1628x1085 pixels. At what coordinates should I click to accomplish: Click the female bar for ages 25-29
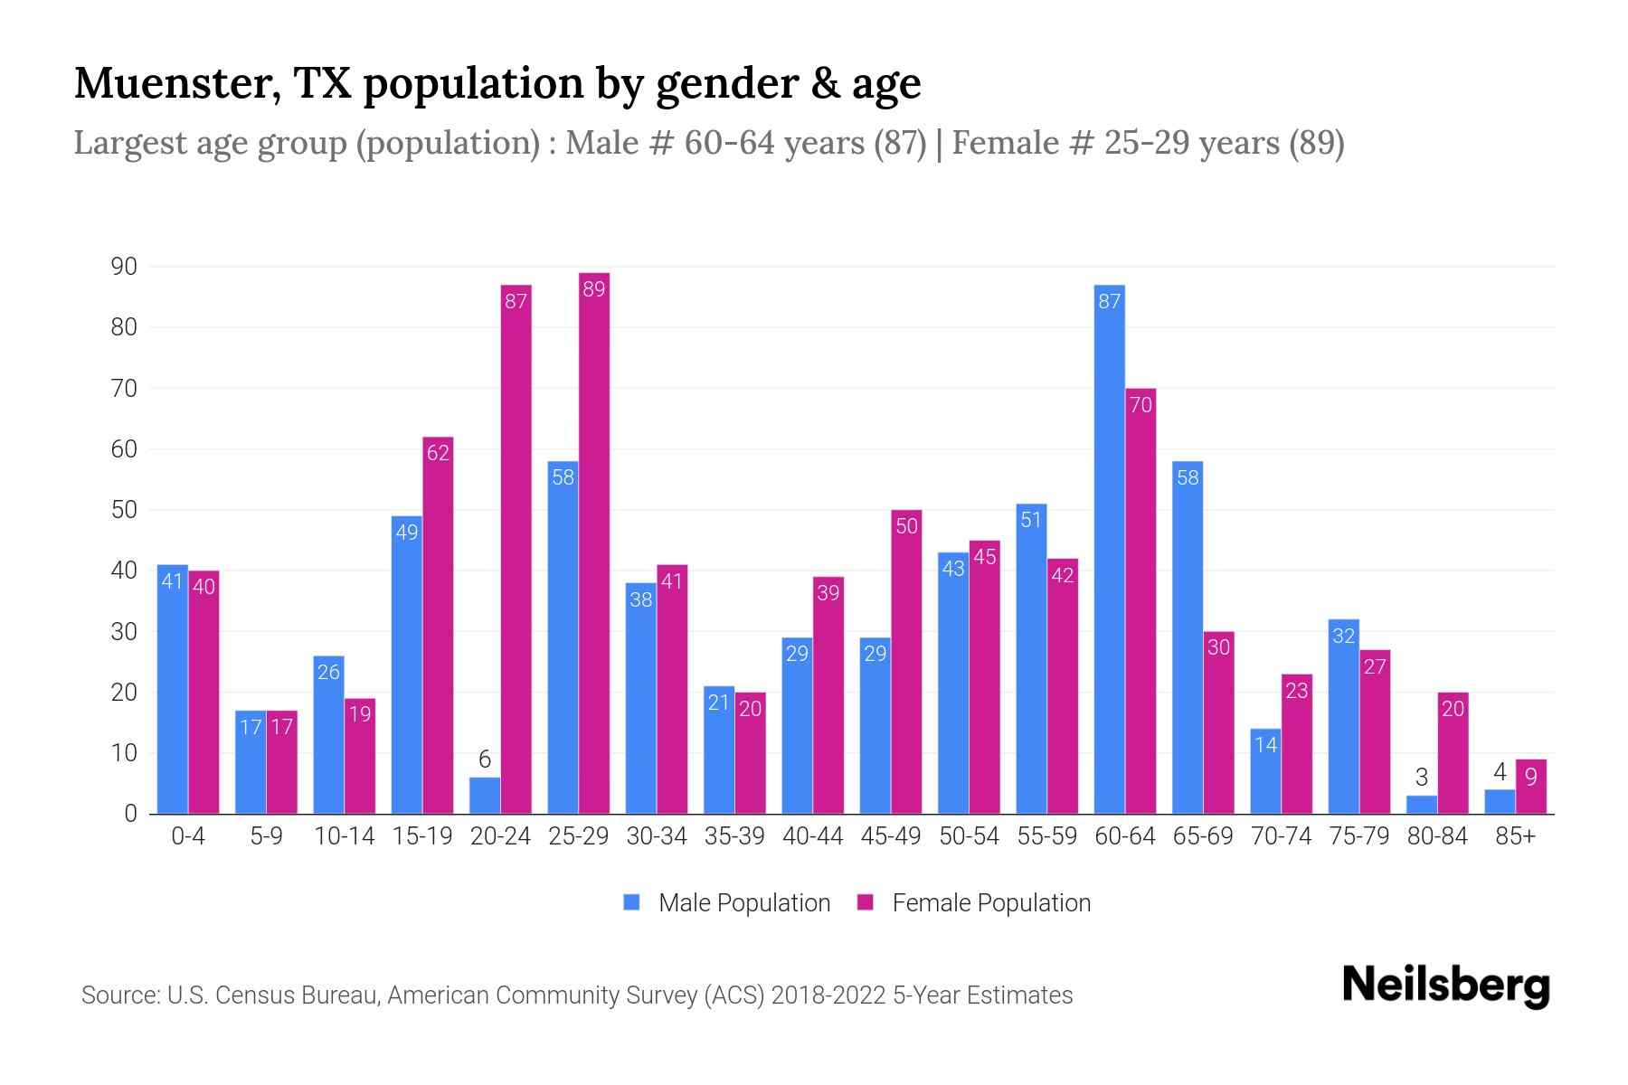[594, 542]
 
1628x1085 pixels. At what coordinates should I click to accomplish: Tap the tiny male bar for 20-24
[485, 796]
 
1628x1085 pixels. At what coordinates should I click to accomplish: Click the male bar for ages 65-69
[1188, 637]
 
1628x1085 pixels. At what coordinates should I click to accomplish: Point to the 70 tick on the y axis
[124, 389]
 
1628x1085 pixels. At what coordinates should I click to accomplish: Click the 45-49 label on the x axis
[891, 836]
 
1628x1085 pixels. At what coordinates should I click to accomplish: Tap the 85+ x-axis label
[1515, 836]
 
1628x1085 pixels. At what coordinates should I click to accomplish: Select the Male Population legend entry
[728, 903]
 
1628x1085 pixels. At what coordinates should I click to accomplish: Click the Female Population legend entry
[975, 903]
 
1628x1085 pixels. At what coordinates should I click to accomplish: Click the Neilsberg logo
[1445, 986]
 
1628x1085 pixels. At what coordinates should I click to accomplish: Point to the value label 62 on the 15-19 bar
[438, 453]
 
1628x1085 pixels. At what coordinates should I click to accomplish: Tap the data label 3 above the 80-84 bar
[1421, 778]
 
